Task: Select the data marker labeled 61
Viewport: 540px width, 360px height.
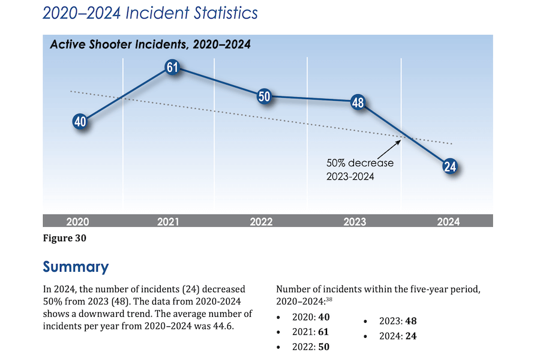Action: point(172,68)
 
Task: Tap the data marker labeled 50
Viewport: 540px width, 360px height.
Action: point(265,97)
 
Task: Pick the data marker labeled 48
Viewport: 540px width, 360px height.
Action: point(358,103)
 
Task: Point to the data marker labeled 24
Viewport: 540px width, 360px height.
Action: point(450,167)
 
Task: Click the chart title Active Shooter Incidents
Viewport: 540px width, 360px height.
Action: point(150,45)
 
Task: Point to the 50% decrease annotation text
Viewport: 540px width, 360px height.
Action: point(359,169)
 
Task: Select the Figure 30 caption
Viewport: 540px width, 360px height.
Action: point(65,238)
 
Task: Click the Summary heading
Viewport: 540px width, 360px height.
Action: point(76,267)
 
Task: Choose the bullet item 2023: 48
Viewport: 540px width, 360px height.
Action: point(397,321)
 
